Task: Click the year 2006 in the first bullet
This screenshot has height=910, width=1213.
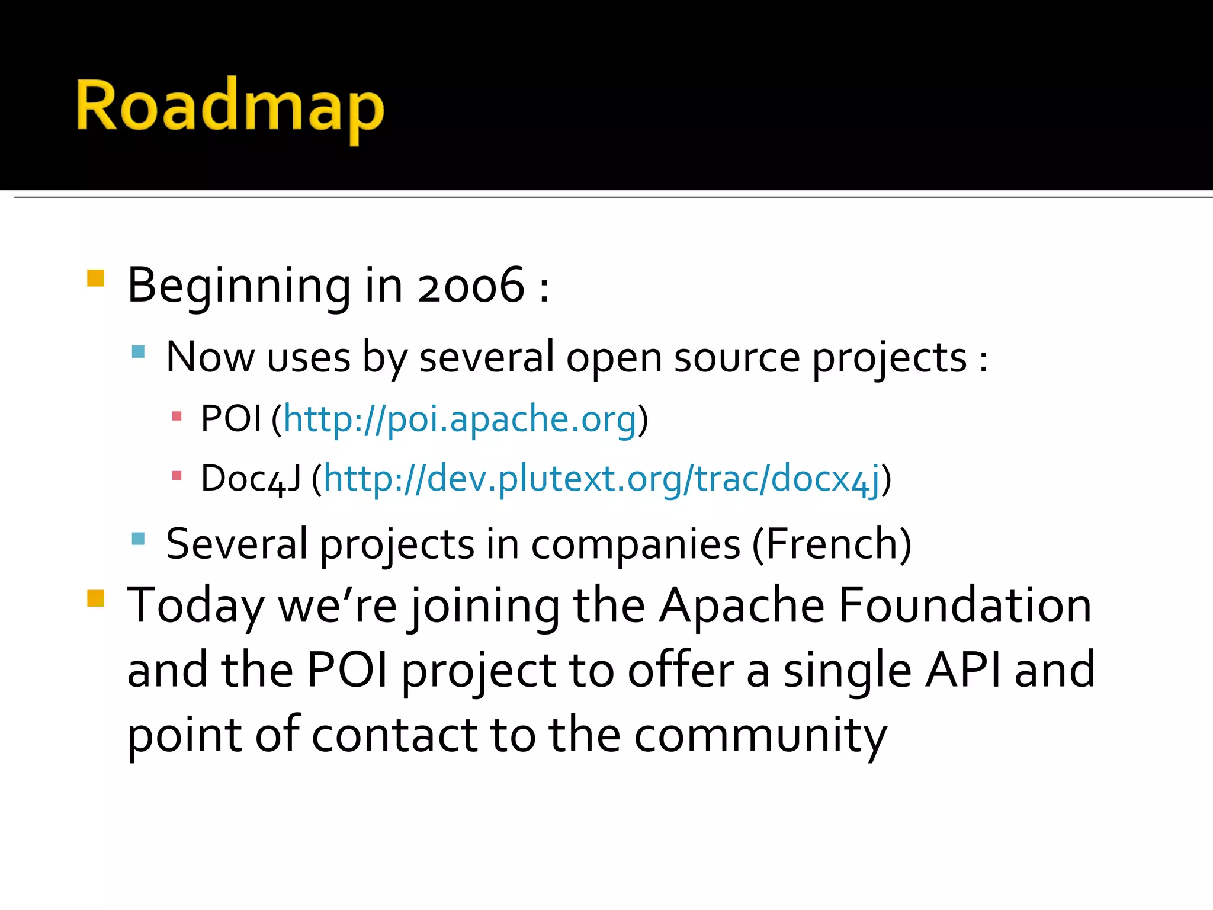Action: point(471,286)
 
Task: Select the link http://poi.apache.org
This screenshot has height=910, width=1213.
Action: point(460,419)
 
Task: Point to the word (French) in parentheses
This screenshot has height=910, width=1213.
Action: point(832,544)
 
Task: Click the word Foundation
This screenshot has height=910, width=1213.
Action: point(965,605)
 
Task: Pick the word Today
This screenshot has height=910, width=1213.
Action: point(195,605)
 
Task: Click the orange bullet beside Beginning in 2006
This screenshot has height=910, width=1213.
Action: point(95,278)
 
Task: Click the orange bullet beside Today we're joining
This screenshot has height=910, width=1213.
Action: point(95,598)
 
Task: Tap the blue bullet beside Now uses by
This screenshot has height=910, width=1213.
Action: point(138,352)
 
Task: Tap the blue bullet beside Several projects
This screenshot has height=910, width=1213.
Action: point(138,538)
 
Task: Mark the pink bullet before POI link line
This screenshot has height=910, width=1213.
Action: point(176,416)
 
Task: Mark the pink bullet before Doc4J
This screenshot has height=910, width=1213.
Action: point(176,475)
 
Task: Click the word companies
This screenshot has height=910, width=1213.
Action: point(635,544)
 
